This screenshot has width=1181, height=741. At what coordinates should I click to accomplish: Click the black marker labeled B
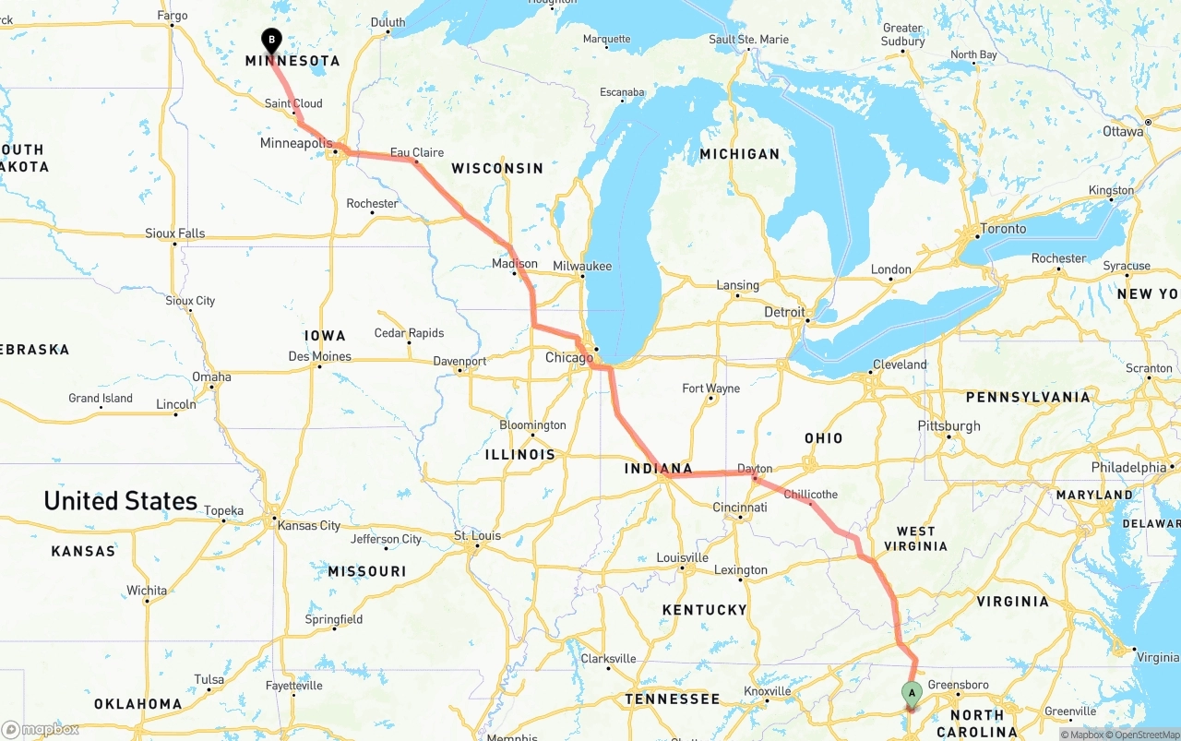pyautogui.click(x=271, y=40)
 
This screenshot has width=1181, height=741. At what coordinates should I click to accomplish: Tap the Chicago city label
pyautogui.click(x=569, y=358)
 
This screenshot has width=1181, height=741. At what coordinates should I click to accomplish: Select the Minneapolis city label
pyautogui.click(x=294, y=144)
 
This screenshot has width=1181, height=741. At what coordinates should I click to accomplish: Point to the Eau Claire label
pyautogui.click(x=417, y=152)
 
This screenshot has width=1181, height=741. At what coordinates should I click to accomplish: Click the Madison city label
pyautogui.click(x=515, y=264)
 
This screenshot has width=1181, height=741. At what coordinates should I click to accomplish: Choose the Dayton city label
pyautogui.click(x=755, y=469)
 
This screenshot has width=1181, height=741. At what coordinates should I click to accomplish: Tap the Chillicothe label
pyautogui.click(x=811, y=494)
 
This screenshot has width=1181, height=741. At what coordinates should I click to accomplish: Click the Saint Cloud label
pyautogui.click(x=293, y=103)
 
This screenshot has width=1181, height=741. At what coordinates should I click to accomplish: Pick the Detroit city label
pyautogui.click(x=784, y=313)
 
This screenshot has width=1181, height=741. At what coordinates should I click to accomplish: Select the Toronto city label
pyautogui.click(x=1003, y=229)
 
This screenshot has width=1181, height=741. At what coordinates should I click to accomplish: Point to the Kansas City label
pyautogui.click(x=309, y=526)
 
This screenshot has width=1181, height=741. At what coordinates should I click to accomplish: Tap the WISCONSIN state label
pyautogui.click(x=497, y=169)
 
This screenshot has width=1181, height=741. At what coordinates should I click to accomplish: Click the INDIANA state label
pyautogui.click(x=658, y=469)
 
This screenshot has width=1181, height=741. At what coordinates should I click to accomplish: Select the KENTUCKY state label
pyautogui.click(x=704, y=610)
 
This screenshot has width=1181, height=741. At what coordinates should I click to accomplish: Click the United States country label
pyautogui.click(x=120, y=501)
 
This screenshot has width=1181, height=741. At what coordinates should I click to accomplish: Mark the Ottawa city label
pyautogui.click(x=1123, y=131)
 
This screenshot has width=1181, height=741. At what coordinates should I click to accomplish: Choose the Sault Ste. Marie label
pyautogui.click(x=748, y=40)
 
